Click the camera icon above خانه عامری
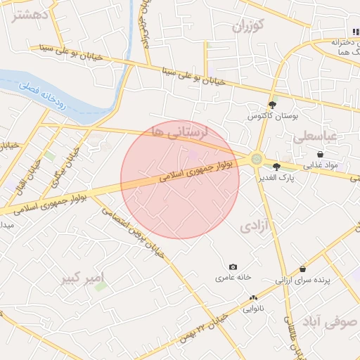click(233, 267)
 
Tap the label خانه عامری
click(233, 278)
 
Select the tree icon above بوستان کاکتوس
click(272, 105)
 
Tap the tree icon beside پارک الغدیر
click(276, 167)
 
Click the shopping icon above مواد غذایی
click(321, 155)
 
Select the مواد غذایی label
click(321, 166)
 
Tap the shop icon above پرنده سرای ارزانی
click(302, 269)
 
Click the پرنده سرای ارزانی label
click(302, 280)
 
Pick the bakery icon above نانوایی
click(253, 298)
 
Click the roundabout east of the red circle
click(257, 160)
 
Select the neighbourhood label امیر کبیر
click(82, 274)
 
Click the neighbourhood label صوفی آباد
click(329, 321)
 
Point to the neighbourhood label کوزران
click(250, 27)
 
